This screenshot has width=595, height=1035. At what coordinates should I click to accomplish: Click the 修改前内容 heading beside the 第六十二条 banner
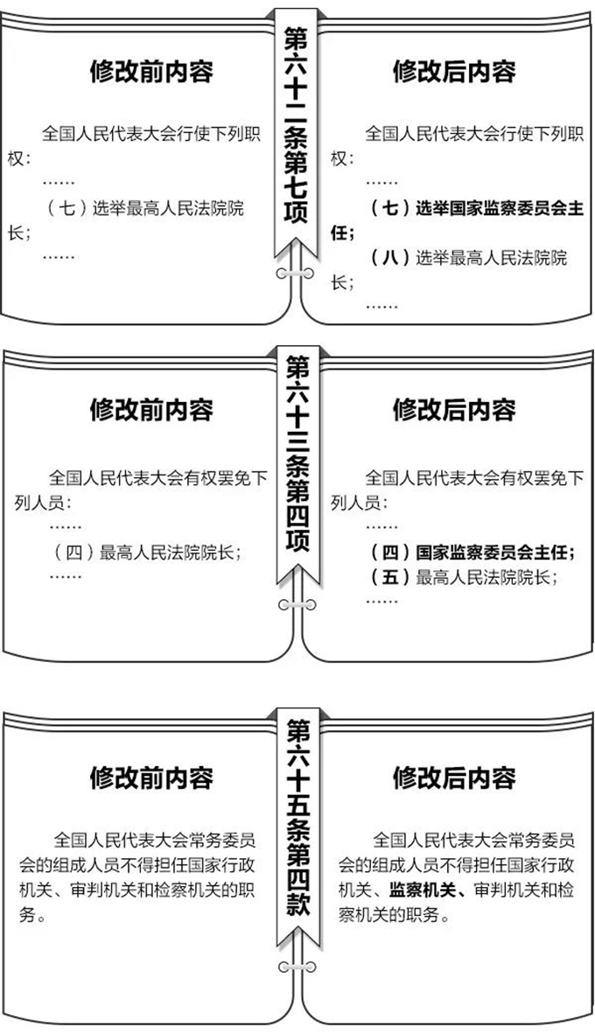151,71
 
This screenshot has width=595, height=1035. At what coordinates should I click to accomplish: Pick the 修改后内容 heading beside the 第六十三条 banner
454,409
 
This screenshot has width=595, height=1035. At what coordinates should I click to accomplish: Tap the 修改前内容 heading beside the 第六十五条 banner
151,778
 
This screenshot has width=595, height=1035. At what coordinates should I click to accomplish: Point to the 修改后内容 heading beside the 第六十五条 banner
454,778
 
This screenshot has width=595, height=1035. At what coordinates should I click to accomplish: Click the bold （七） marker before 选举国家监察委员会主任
391,208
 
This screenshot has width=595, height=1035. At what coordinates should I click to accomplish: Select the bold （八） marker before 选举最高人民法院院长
391,257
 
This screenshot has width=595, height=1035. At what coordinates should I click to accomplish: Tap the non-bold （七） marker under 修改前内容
68,208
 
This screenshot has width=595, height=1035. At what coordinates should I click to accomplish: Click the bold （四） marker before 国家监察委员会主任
391,552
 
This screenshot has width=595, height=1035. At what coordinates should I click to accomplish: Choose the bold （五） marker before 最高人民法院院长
391,577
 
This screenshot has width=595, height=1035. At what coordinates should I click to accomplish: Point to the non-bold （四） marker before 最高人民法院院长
75,552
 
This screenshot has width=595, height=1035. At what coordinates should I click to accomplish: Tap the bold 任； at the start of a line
343,233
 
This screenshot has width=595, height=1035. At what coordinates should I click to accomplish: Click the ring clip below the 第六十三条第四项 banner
297,605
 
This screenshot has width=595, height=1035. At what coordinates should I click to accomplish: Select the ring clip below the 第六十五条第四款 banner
297,968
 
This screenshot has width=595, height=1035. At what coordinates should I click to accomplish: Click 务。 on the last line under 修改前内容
32,916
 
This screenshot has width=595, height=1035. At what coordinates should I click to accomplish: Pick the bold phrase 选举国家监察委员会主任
500,208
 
